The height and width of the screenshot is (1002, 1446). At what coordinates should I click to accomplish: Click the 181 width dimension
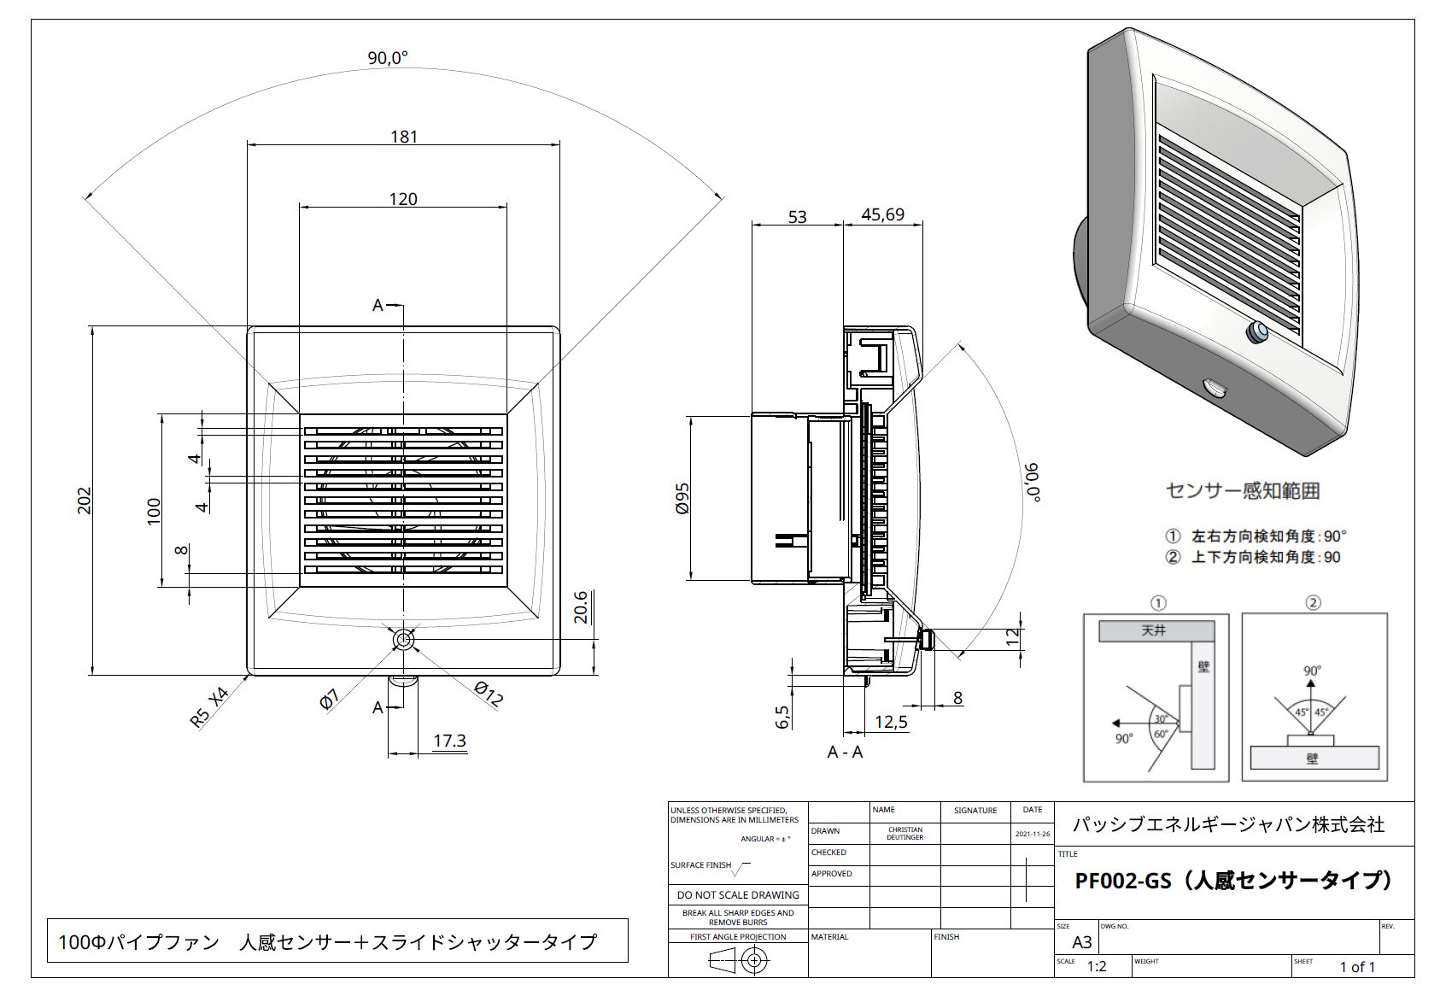(403, 136)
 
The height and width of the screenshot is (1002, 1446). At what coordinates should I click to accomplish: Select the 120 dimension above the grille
(403, 199)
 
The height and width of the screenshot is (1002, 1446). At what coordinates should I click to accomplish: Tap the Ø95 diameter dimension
(682, 498)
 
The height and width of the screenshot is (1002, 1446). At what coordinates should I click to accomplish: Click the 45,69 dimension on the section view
(882, 214)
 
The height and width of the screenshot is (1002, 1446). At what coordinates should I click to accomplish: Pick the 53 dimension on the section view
(797, 216)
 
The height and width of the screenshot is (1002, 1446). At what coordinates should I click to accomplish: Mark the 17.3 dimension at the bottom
(449, 740)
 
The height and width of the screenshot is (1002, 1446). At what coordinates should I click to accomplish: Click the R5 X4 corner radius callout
(210, 707)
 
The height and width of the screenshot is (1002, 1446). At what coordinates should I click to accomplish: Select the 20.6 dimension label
(581, 607)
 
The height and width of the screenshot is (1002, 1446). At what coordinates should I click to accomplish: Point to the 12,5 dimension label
(891, 722)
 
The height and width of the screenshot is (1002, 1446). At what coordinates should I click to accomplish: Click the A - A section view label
(845, 753)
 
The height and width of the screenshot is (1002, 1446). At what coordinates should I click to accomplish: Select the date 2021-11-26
(1032, 834)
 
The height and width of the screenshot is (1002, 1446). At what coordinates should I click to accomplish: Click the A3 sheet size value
(1081, 943)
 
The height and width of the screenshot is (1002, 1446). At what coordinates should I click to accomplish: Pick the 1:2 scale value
(1096, 967)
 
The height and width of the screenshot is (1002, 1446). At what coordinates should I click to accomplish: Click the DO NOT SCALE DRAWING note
(738, 894)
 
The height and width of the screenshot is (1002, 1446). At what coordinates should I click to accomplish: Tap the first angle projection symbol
(737, 961)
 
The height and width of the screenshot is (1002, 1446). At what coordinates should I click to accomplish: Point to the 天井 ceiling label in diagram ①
(1153, 630)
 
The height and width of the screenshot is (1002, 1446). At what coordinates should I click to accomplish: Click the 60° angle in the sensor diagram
(1162, 734)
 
